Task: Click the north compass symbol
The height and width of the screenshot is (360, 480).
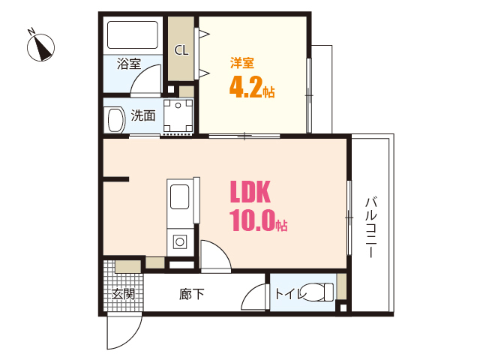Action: [x=40, y=46]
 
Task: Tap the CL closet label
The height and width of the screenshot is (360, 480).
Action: [x=181, y=50]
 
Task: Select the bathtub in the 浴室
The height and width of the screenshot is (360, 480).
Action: [x=133, y=35]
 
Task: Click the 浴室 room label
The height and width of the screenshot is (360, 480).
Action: [x=129, y=64]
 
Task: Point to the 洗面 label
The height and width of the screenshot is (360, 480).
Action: [x=143, y=115]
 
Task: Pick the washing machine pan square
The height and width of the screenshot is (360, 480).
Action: [x=178, y=115]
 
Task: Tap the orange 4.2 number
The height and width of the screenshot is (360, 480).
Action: [x=245, y=87]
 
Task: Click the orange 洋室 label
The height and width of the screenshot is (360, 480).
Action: [x=242, y=63]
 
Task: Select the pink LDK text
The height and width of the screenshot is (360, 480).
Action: [x=250, y=192]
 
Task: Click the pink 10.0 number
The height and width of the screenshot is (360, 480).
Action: [x=252, y=220]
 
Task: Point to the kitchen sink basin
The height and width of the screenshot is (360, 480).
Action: [x=180, y=196]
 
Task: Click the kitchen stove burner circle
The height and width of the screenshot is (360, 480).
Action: [x=180, y=242]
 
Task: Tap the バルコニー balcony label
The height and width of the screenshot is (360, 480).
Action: [x=370, y=227]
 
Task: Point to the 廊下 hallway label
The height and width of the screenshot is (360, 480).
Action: [x=192, y=294]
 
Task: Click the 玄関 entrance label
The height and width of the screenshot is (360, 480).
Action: [x=123, y=294]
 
